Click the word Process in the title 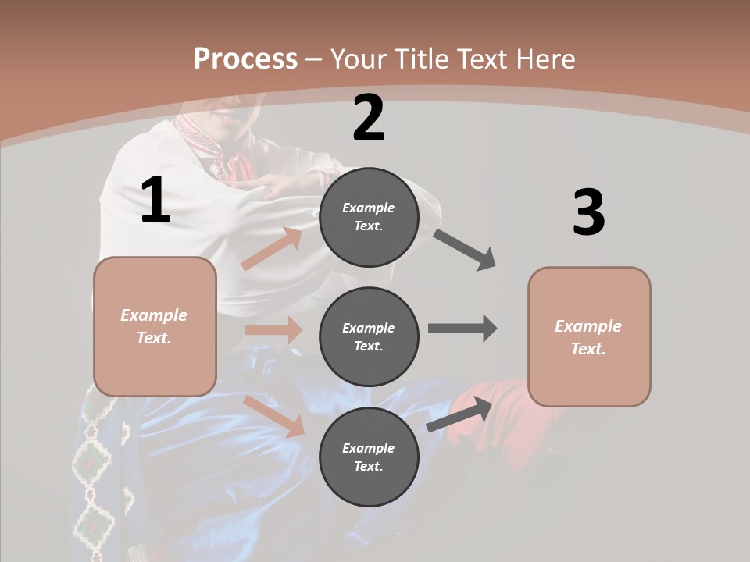point(245,59)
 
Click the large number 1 point(155,201)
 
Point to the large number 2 point(369,118)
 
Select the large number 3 point(588,213)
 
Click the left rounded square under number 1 point(155,326)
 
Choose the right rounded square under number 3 point(589,336)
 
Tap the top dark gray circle point(369,217)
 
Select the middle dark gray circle point(369,336)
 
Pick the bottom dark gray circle point(369,457)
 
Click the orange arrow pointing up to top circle point(272,248)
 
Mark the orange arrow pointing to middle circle point(273,330)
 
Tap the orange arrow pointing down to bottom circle point(274,416)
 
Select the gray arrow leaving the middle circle point(462,329)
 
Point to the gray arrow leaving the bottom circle point(459,414)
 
